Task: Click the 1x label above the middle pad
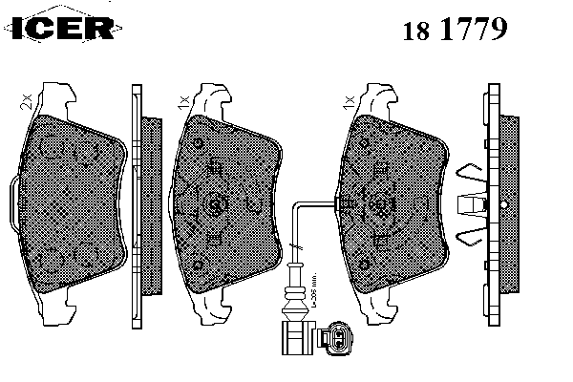[x=181, y=99]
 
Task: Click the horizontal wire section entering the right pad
[x=320, y=204]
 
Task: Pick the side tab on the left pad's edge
[x=9, y=202]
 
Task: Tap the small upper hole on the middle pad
[x=196, y=144]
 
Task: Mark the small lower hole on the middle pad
[x=196, y=263]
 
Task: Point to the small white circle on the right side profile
[x=487, y=203]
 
